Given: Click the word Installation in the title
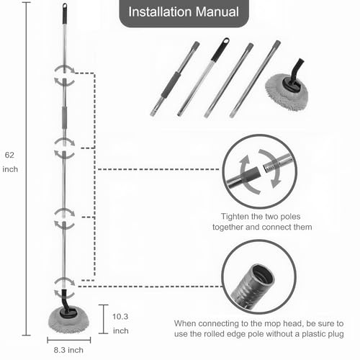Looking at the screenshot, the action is click(160, 12).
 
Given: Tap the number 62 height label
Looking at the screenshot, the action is click(9, 155).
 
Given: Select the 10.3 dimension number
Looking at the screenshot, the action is click(120, 317).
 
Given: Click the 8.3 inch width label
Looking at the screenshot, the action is click(68, 350).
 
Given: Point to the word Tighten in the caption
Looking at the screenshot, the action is click(235, 217).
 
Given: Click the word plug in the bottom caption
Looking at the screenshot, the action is click(335, 334).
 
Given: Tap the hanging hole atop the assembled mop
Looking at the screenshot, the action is click(65, 6).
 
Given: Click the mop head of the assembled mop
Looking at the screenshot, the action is click(68, 321).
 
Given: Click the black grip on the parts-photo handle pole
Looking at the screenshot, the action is click(220, 50).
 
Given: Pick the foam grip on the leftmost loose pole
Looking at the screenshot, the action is click(171, 84).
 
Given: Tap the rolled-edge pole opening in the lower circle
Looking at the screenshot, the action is click(264, 275).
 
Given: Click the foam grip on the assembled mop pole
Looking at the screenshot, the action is click(64, 118).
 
